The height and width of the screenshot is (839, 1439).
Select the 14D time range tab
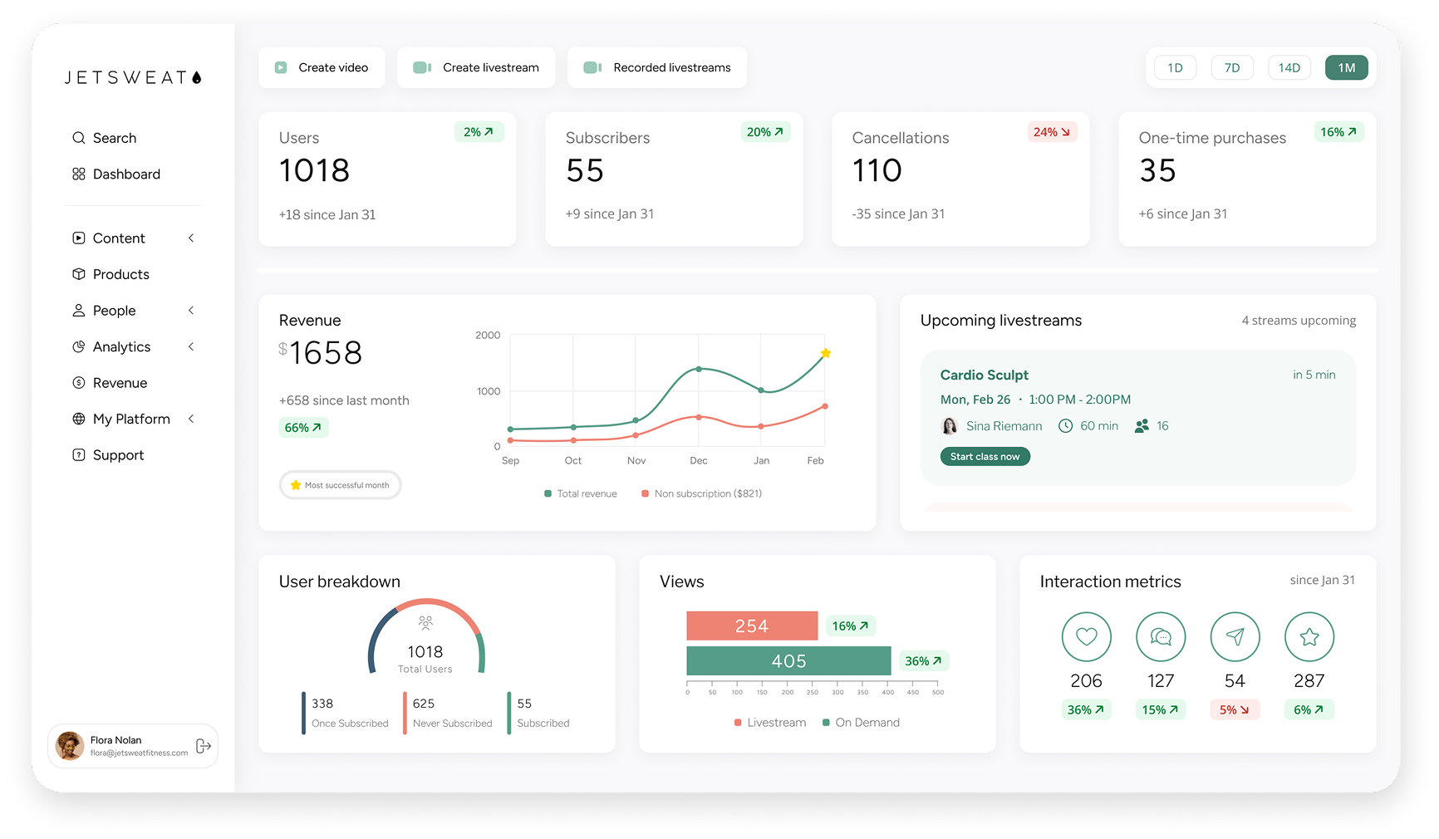1289,68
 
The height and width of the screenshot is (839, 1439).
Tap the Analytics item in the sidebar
121,347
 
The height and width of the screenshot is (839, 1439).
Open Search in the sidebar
114,138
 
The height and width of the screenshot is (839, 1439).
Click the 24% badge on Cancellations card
1051,132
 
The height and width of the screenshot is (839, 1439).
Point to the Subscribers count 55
584,171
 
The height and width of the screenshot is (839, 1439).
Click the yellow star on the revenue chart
825,353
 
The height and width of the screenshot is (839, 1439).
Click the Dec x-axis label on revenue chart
699,461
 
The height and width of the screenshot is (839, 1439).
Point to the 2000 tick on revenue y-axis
488,336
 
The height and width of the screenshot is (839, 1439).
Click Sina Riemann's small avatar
949,426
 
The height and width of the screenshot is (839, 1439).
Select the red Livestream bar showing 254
752,626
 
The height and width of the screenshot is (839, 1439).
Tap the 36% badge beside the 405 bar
923,661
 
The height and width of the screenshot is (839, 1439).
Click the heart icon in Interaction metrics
1086,637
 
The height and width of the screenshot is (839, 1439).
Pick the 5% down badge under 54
1234,710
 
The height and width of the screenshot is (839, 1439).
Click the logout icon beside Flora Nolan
204,746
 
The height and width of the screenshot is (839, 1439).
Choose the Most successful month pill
341,485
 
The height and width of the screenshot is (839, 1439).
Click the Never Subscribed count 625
424,704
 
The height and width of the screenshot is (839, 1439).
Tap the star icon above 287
1309,637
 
